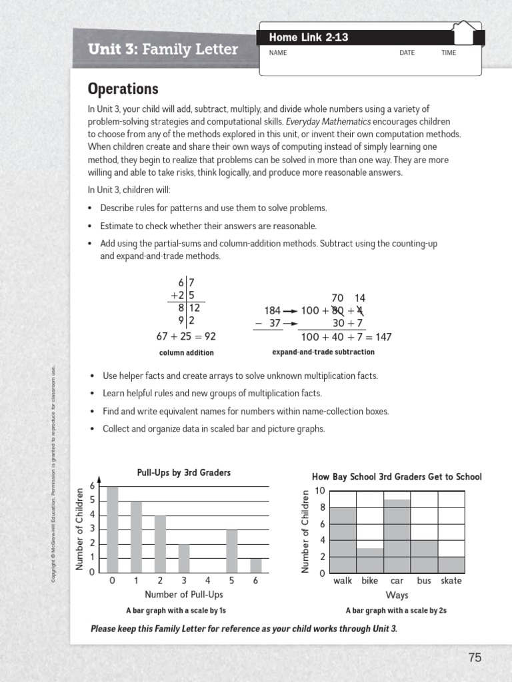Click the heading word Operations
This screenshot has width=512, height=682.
click(123, 89)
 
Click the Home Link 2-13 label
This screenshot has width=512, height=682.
click(308, 37)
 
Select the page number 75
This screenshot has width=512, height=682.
click(474, 657)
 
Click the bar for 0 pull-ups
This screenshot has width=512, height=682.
click(113, 529)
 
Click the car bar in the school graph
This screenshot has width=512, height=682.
click(397, 536)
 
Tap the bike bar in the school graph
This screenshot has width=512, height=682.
click(369, 561)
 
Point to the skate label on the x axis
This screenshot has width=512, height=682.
click(451, 581)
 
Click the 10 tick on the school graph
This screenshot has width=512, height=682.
click(320, 491)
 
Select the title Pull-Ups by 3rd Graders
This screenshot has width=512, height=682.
click(184, 473)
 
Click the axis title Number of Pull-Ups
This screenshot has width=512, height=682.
click(184, 594)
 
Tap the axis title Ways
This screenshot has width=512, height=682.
click(397, 595)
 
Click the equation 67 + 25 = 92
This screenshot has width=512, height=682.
click(186, 336)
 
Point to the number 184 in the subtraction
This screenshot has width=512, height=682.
click(272, 311)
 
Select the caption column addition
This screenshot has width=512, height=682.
click(186, 352)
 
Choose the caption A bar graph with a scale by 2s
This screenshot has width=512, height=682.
click(396, 610)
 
